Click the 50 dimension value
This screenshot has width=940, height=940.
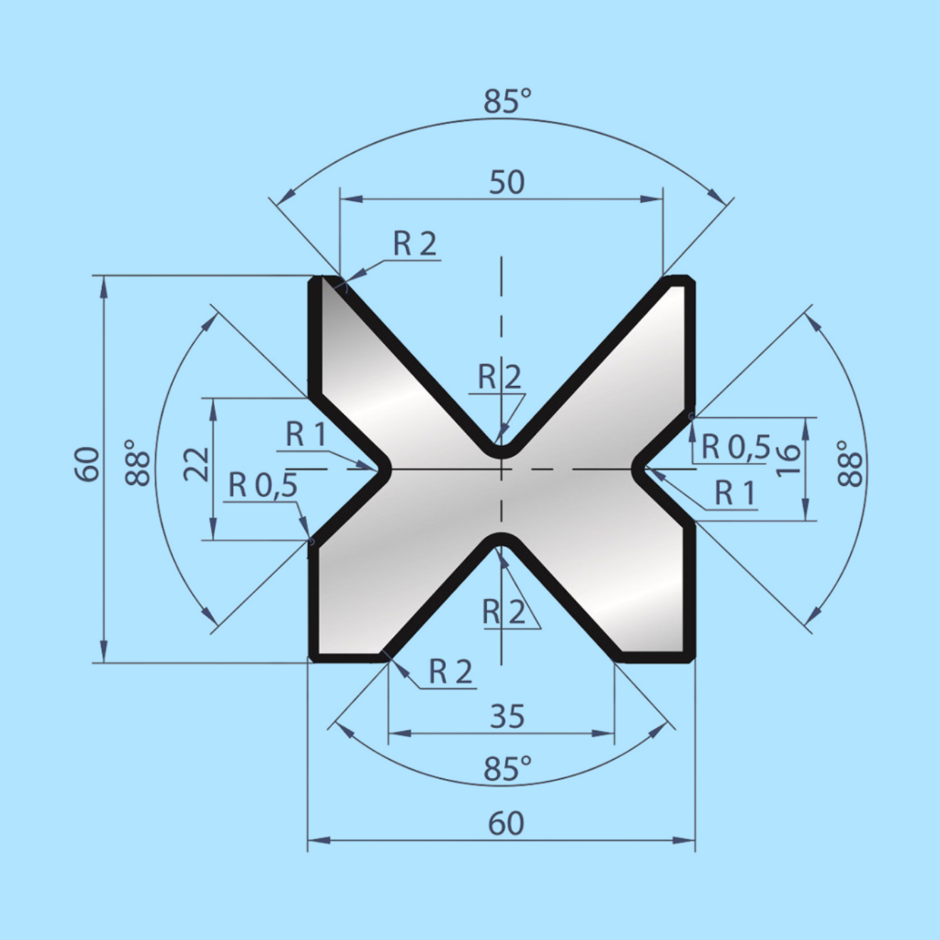coord(506,182)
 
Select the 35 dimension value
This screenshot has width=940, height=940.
coord(507,716)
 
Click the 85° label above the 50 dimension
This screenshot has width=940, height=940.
coord(507,102)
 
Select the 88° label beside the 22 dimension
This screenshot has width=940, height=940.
coord(138,463)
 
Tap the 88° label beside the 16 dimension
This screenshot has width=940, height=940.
coord(850,463)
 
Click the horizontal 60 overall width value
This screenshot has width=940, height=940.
coord(506,823)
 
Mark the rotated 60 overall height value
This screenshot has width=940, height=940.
coord(87,464)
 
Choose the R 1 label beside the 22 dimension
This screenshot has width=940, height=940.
coord(305,434)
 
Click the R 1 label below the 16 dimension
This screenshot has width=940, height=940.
coord(734,493)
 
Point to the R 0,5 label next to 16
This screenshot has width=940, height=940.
coord(736,447)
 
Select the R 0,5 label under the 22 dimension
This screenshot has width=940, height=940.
coord(262,486)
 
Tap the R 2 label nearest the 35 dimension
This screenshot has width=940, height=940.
coord(450,672)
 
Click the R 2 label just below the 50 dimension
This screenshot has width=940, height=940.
coord(414,244)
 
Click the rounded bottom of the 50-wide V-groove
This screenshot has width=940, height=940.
coord(502,451)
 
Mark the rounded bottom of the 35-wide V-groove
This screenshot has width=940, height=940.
coord(502,538)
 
